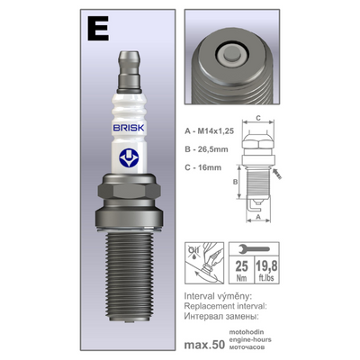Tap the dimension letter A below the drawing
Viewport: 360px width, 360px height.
coord(260,217)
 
